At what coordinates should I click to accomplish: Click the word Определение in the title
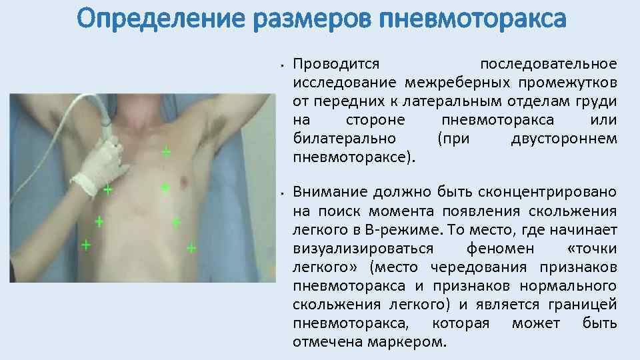click(x=161, y=18)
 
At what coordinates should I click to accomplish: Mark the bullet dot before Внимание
click(x=283, y=193)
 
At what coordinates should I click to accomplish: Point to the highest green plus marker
click(x=165, y=152)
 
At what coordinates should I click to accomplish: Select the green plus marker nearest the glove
click(x=107, y=189)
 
